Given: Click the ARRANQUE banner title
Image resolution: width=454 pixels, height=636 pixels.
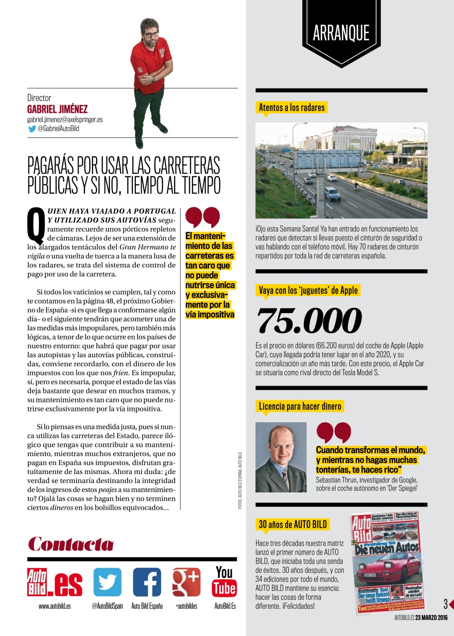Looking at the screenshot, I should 341,33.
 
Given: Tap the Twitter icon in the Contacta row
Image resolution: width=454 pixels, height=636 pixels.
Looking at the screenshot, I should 107,582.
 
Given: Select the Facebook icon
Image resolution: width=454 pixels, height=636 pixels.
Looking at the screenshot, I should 147,582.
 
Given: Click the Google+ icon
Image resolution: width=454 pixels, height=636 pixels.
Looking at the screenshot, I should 186,582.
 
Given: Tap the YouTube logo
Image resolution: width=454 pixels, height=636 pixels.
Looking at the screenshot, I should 224,581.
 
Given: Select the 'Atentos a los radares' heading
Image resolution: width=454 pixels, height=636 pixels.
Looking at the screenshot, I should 291,107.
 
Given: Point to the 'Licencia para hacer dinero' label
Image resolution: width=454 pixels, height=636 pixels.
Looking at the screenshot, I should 300,406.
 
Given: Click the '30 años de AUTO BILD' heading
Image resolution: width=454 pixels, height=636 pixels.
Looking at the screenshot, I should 293,524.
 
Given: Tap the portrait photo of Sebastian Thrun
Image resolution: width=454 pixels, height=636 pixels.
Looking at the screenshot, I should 281,457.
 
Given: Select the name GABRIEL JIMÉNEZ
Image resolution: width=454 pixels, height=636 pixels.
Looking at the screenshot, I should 57,109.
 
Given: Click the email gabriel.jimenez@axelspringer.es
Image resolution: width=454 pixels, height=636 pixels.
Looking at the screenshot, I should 65,120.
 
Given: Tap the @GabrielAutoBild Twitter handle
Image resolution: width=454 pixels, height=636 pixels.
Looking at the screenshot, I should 58,129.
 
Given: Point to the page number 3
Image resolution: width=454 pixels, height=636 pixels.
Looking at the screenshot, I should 446,604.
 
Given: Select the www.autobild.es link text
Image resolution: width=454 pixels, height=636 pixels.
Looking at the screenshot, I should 55,606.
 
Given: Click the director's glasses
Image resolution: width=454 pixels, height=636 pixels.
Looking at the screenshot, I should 151,35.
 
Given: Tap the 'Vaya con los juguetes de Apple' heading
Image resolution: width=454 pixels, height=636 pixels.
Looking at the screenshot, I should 308,290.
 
